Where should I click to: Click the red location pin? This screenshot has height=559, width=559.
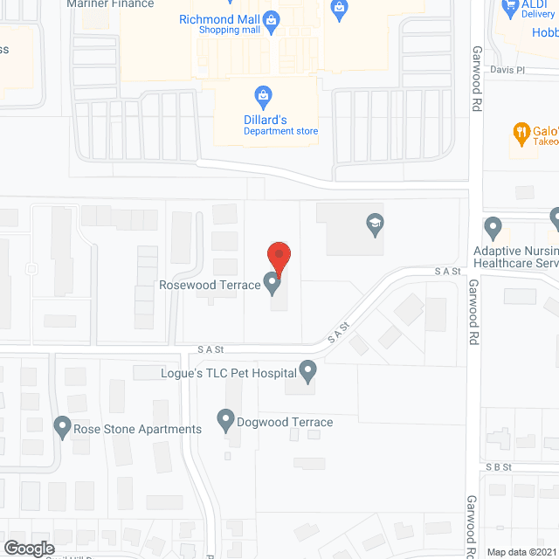click(x=278, y=258)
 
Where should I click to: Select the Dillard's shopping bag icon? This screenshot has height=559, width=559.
click(x=261, y=95)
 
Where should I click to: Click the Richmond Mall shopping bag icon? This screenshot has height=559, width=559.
click(x=272, y=19)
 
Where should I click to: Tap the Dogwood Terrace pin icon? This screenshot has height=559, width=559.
click(x=226, y=423)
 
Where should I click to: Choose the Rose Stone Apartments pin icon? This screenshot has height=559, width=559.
click(x=62, y=428)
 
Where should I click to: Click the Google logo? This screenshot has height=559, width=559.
click(x=28, y=548)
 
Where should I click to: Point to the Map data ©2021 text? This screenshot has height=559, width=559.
click(x=521, y=552)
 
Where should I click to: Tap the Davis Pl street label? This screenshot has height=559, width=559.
click(x=507, y=69)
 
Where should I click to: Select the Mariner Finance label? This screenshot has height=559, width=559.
click(x=110, y=4)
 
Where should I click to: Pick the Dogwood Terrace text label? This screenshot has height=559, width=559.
click(x=286, y=423)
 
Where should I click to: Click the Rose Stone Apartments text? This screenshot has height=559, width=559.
click(x=137, y=429)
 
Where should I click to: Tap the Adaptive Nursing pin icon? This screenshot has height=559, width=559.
click(x=493, y=229)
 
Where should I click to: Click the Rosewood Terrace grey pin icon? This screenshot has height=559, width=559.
click(x=273, y=283)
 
